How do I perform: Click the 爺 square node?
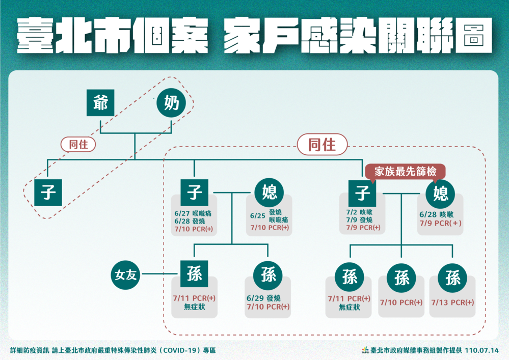[100, 104]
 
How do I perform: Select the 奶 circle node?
[171, 104]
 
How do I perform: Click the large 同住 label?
[322, 145]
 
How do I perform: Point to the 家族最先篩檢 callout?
[406, 172]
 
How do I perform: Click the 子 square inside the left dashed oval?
[48, 192]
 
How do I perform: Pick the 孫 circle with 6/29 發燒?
[269, 275]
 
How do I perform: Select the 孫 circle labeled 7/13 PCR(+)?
[452, 278]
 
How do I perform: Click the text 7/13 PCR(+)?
[452, 302]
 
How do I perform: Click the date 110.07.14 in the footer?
[482, 350]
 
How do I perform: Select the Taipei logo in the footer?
[365, 350]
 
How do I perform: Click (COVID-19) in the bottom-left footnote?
[181, 350]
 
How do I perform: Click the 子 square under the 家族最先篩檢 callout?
[362, 192]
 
